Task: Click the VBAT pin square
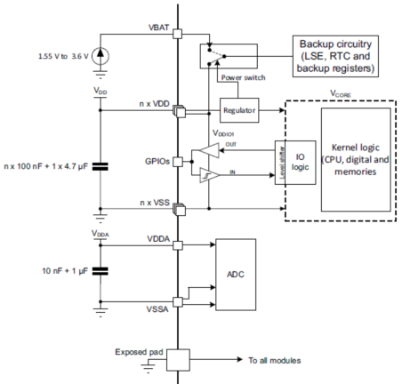177,34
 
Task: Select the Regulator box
239,110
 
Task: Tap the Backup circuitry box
335,56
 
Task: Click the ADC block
236,275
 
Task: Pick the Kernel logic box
356,160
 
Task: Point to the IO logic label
300,162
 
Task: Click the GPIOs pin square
178,162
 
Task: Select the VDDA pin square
178,245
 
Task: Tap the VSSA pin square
178,302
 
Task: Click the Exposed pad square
178,360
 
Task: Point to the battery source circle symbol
100,56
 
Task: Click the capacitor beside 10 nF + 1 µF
100,271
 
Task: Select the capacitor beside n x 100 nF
100,166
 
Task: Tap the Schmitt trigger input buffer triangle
209,175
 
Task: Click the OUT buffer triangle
209,150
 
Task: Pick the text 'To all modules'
275,360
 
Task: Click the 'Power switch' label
244,77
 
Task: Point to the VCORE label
341,94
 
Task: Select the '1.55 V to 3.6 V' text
63,56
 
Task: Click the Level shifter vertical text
282,163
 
